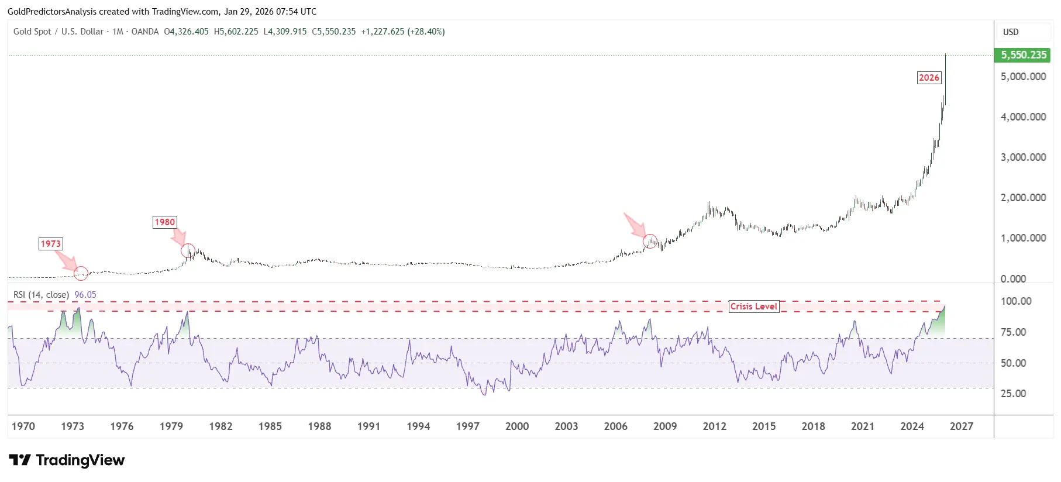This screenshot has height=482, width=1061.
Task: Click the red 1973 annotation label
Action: [50, 244]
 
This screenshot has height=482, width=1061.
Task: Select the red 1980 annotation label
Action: [164, 222]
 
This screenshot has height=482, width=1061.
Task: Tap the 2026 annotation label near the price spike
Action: [929, 78]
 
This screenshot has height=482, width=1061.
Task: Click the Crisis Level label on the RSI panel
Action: [753, 307]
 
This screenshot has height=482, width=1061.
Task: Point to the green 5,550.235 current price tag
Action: [1022, 55]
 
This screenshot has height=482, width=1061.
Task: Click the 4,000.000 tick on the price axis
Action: [1023, 117]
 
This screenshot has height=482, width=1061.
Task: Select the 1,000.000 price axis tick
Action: [1023, 238]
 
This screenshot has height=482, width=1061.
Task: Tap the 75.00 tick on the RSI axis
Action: [1013, 332]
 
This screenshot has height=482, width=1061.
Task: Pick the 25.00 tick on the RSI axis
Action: [1013, 394]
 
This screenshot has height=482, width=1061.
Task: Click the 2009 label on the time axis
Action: [665, 426]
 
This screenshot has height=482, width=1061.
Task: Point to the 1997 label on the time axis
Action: [467, 426]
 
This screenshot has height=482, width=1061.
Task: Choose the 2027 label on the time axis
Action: [962, 426]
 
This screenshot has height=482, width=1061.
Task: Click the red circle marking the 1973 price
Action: [81, 273]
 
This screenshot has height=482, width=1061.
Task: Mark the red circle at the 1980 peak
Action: [188, 251]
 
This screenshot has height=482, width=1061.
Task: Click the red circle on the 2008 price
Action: [650, 241]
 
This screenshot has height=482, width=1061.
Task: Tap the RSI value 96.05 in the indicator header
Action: [85, 295]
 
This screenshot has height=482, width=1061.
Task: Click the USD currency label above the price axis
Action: [1011, 32]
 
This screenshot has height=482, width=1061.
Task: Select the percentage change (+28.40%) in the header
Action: [426, 32]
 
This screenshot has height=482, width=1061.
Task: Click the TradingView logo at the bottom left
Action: [67, 460]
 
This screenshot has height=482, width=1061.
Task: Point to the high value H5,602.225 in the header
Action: [236, 32]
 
